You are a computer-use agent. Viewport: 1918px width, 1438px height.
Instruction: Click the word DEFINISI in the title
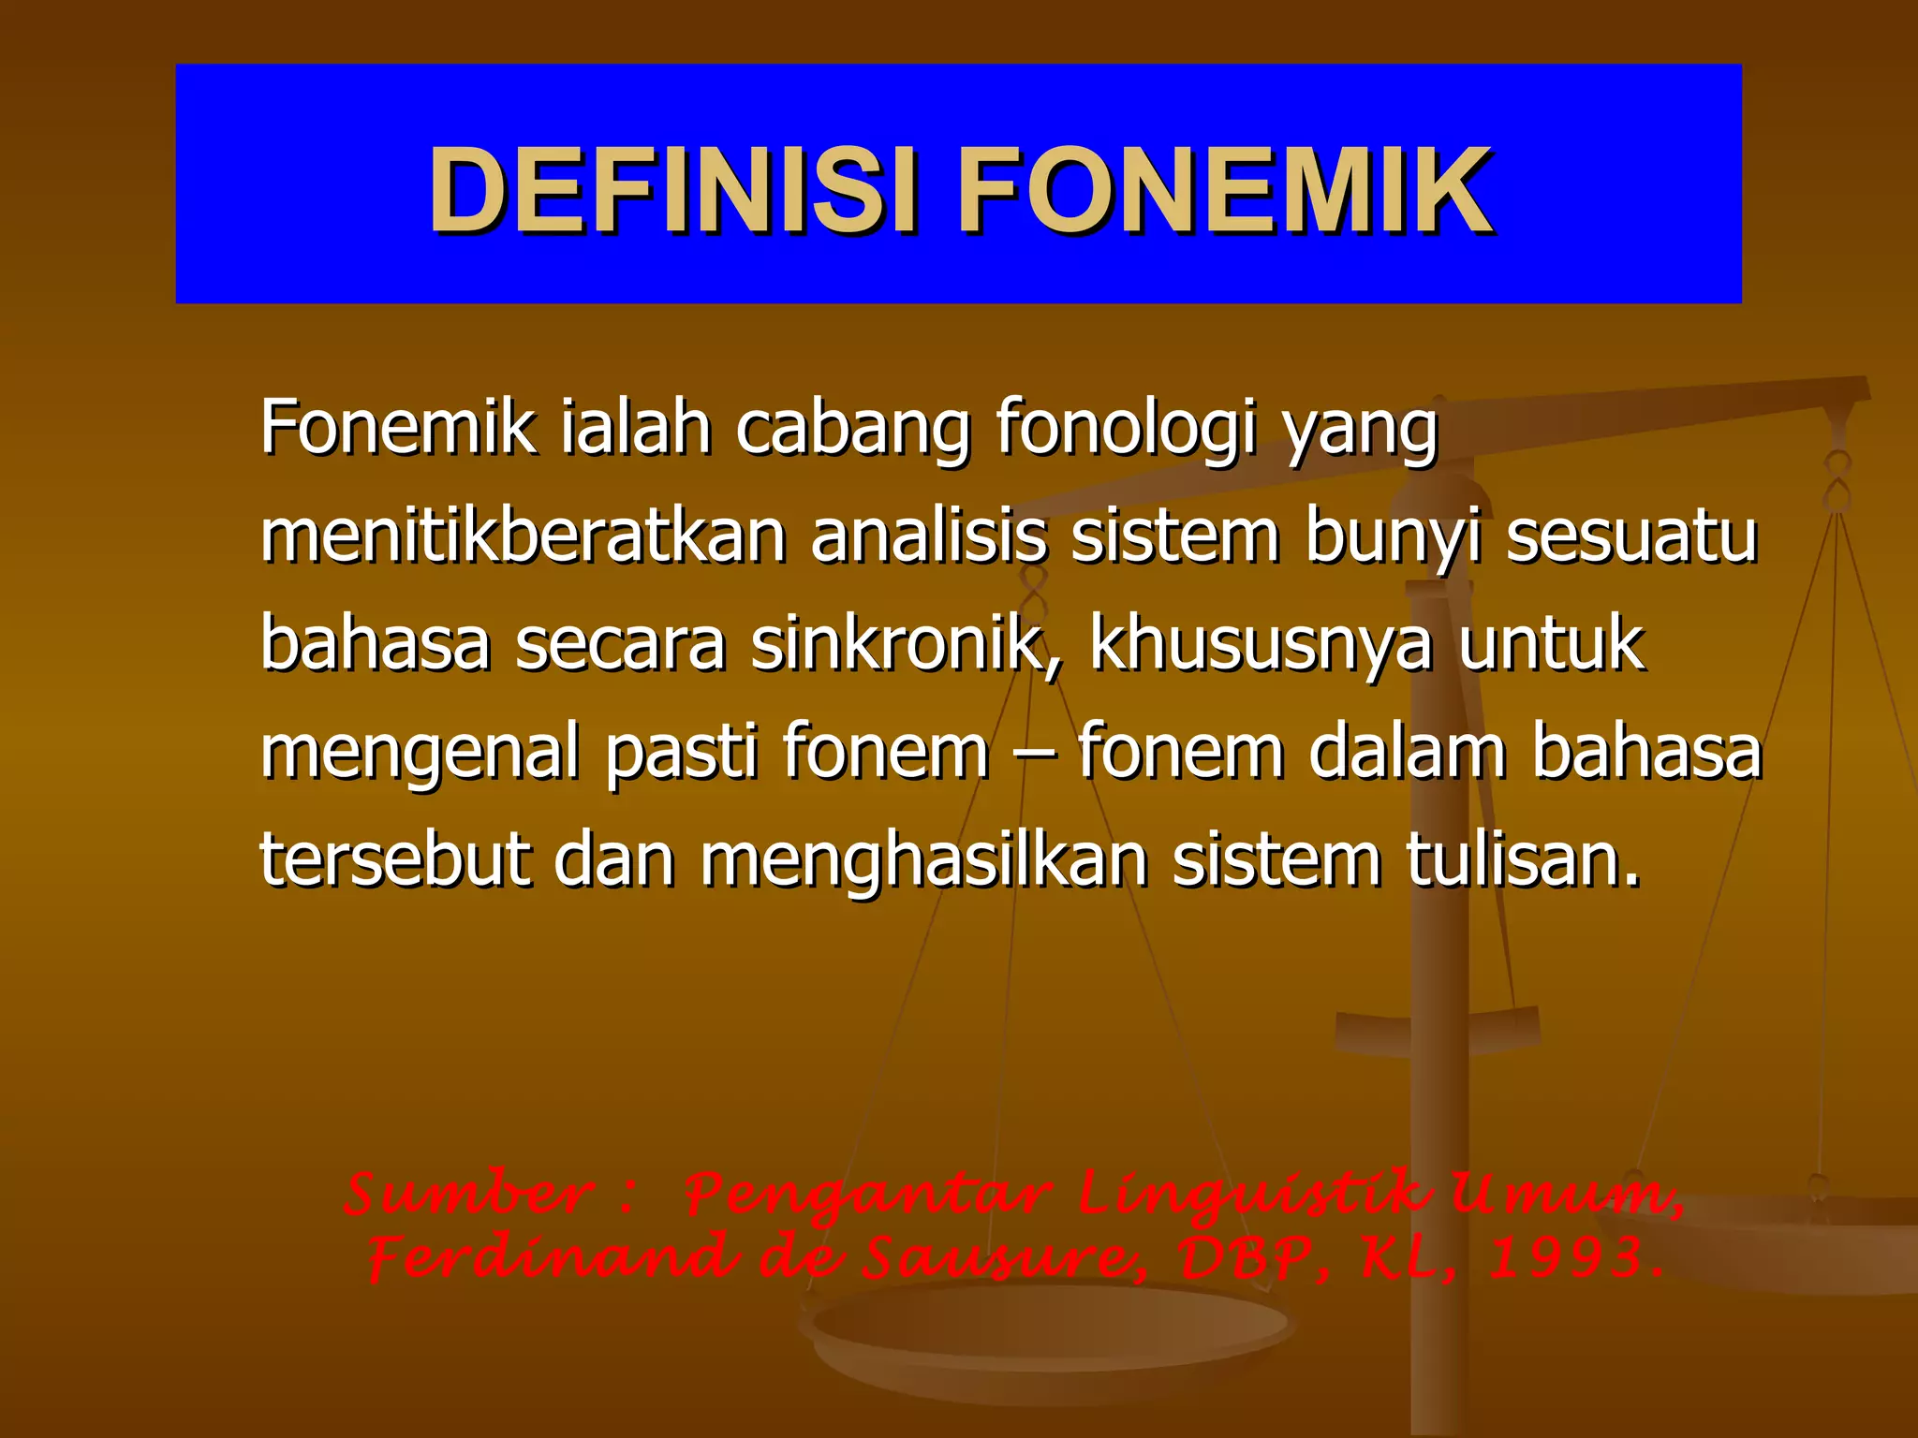click(671, 190)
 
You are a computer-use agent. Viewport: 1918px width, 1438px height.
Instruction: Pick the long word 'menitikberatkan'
click(523, 536)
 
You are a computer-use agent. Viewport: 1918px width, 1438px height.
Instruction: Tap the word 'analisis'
click(928, 536)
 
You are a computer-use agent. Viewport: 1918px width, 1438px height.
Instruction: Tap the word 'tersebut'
click(394, 859)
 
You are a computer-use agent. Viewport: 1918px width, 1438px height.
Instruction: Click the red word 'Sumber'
click(469, 1196)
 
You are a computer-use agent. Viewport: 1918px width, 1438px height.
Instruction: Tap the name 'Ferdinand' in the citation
click(552, 1257)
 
